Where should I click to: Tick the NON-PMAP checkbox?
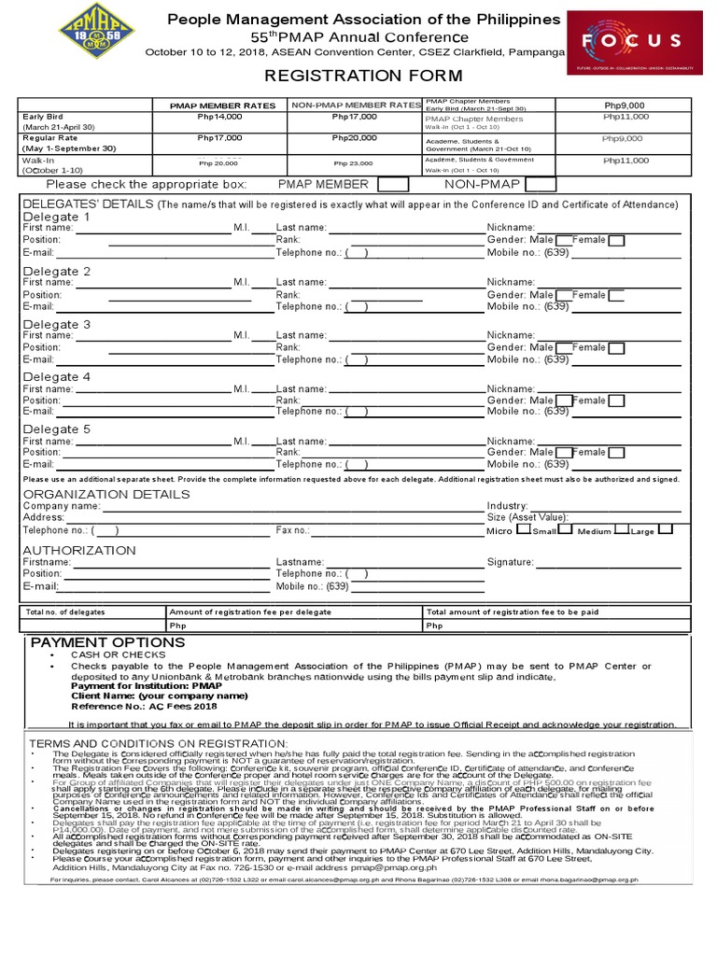[541, 185]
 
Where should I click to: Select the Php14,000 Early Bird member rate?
[219, 117]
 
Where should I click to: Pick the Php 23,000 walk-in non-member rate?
[353, 163]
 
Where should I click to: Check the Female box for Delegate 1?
[616, 241]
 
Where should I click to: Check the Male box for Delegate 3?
[563, 348]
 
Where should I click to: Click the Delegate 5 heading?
[57, 429]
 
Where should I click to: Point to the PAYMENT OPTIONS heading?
[108, 643]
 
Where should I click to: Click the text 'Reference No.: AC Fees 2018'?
[139, 707]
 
